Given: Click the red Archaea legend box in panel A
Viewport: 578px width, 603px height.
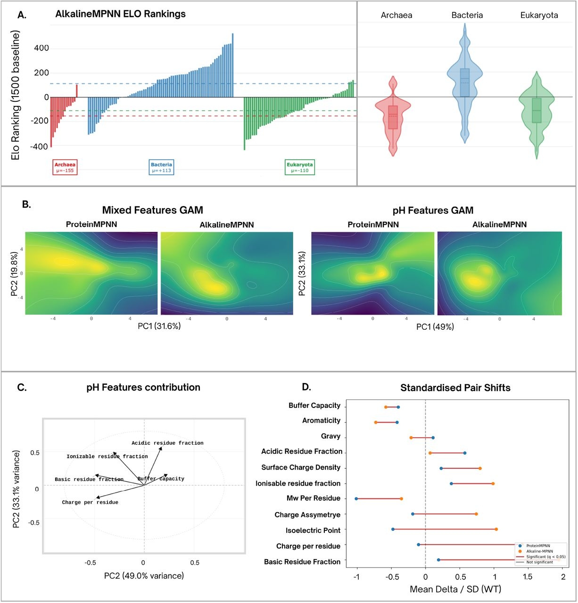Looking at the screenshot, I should pyautogui.click(x=65, y=167).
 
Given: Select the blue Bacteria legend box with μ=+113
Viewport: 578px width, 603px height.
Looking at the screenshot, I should pyautogui.click(x=162, y=167).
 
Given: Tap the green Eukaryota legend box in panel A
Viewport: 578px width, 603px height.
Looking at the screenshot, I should pyautogui.click(x=299, y=167).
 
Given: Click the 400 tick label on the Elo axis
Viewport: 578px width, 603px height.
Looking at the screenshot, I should pyautogui.click(x=41, y=48).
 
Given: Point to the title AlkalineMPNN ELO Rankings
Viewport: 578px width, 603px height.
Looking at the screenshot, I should pyautogui.click(x=120, y=14).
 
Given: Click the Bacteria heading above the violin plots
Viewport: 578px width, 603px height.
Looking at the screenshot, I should pyautogui.click(x=467, y=15).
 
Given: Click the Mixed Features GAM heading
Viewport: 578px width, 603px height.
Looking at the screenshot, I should pyautogui.click(x=152, y=210).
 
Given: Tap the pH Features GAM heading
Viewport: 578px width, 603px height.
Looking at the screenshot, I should pyautogui.click(x=433, y=210).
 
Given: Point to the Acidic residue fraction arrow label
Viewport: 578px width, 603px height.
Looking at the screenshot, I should pyautogui.click(x=167, y=443).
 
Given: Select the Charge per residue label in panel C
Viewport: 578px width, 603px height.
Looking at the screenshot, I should pyautogui.click(x=90, y=502).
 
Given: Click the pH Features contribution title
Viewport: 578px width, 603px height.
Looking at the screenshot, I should pyautogui.click(x=143, y=387).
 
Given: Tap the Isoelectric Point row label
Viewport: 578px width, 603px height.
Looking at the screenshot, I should pyautogui.click(x=313, y=530).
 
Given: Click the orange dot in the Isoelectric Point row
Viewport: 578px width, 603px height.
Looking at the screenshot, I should pyautogui.click(x=496, y=529).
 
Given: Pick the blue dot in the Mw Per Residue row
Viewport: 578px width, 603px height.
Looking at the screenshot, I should pyautogui.click(x=356, y=498).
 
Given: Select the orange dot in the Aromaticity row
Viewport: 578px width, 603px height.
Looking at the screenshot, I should pyautogui.click(x=376, y=422).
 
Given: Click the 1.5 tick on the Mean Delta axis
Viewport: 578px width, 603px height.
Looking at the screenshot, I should pyautogui.click(x=528, y=577).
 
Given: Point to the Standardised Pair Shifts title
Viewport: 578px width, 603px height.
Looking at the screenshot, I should pyautogui.click(x=455, y=388).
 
